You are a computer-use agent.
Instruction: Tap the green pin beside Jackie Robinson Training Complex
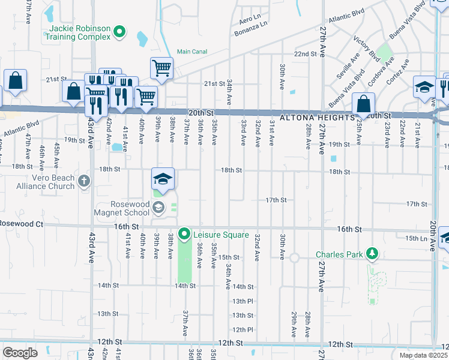pos(119,32)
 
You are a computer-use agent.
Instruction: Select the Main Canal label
pos(191,52)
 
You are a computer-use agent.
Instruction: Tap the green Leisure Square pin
pos(185,234)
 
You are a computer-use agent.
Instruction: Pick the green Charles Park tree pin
pos(372,254)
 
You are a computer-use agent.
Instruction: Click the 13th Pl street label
pos(243,301)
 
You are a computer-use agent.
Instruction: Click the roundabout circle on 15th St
pos(294,258)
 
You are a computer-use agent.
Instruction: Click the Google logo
pos(20,353)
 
